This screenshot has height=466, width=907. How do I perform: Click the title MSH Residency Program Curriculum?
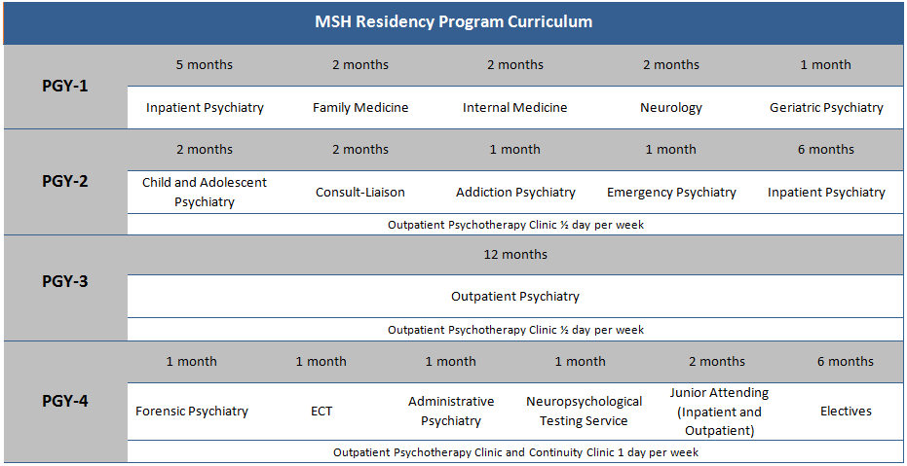click(x=453, y=21)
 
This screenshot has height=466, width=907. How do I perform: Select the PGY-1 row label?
click(x=65, y=86)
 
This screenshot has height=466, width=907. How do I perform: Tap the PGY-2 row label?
click(x=65, y=181)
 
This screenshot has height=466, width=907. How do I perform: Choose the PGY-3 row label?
click(x=65, y=282)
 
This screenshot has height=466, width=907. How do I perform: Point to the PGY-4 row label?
click(x=65, y=400)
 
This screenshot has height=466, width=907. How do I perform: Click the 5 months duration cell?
click(x=205, y=65)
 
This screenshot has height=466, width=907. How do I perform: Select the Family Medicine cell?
click(x=360, y=108)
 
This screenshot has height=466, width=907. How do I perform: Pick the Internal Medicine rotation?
click(x=514, y=108)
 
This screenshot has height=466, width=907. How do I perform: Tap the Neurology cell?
click(x=670, y=108)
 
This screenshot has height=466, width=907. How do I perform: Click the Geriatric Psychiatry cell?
click(x=826, y=108)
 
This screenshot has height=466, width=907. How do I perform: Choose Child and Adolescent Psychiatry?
click(x=205, y=192)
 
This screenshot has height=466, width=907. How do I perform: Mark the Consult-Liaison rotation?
click(x=360, y=193)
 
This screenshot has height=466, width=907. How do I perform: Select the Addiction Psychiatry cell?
click(x=515, y=193)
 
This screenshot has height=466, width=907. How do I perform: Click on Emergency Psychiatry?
click(x=671, y=193)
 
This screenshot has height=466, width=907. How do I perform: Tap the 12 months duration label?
click(x=515, y=255)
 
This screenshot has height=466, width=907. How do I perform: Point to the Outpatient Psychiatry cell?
click(x=515, y=297)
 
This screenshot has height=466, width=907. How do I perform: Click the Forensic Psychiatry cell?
click(x=192, y=412)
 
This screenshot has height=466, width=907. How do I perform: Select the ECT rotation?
click(x=321, y=412)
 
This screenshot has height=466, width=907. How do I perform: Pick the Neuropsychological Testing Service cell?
click(x=585, y=412)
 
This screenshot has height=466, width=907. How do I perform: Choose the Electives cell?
click(x=846, y=412)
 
